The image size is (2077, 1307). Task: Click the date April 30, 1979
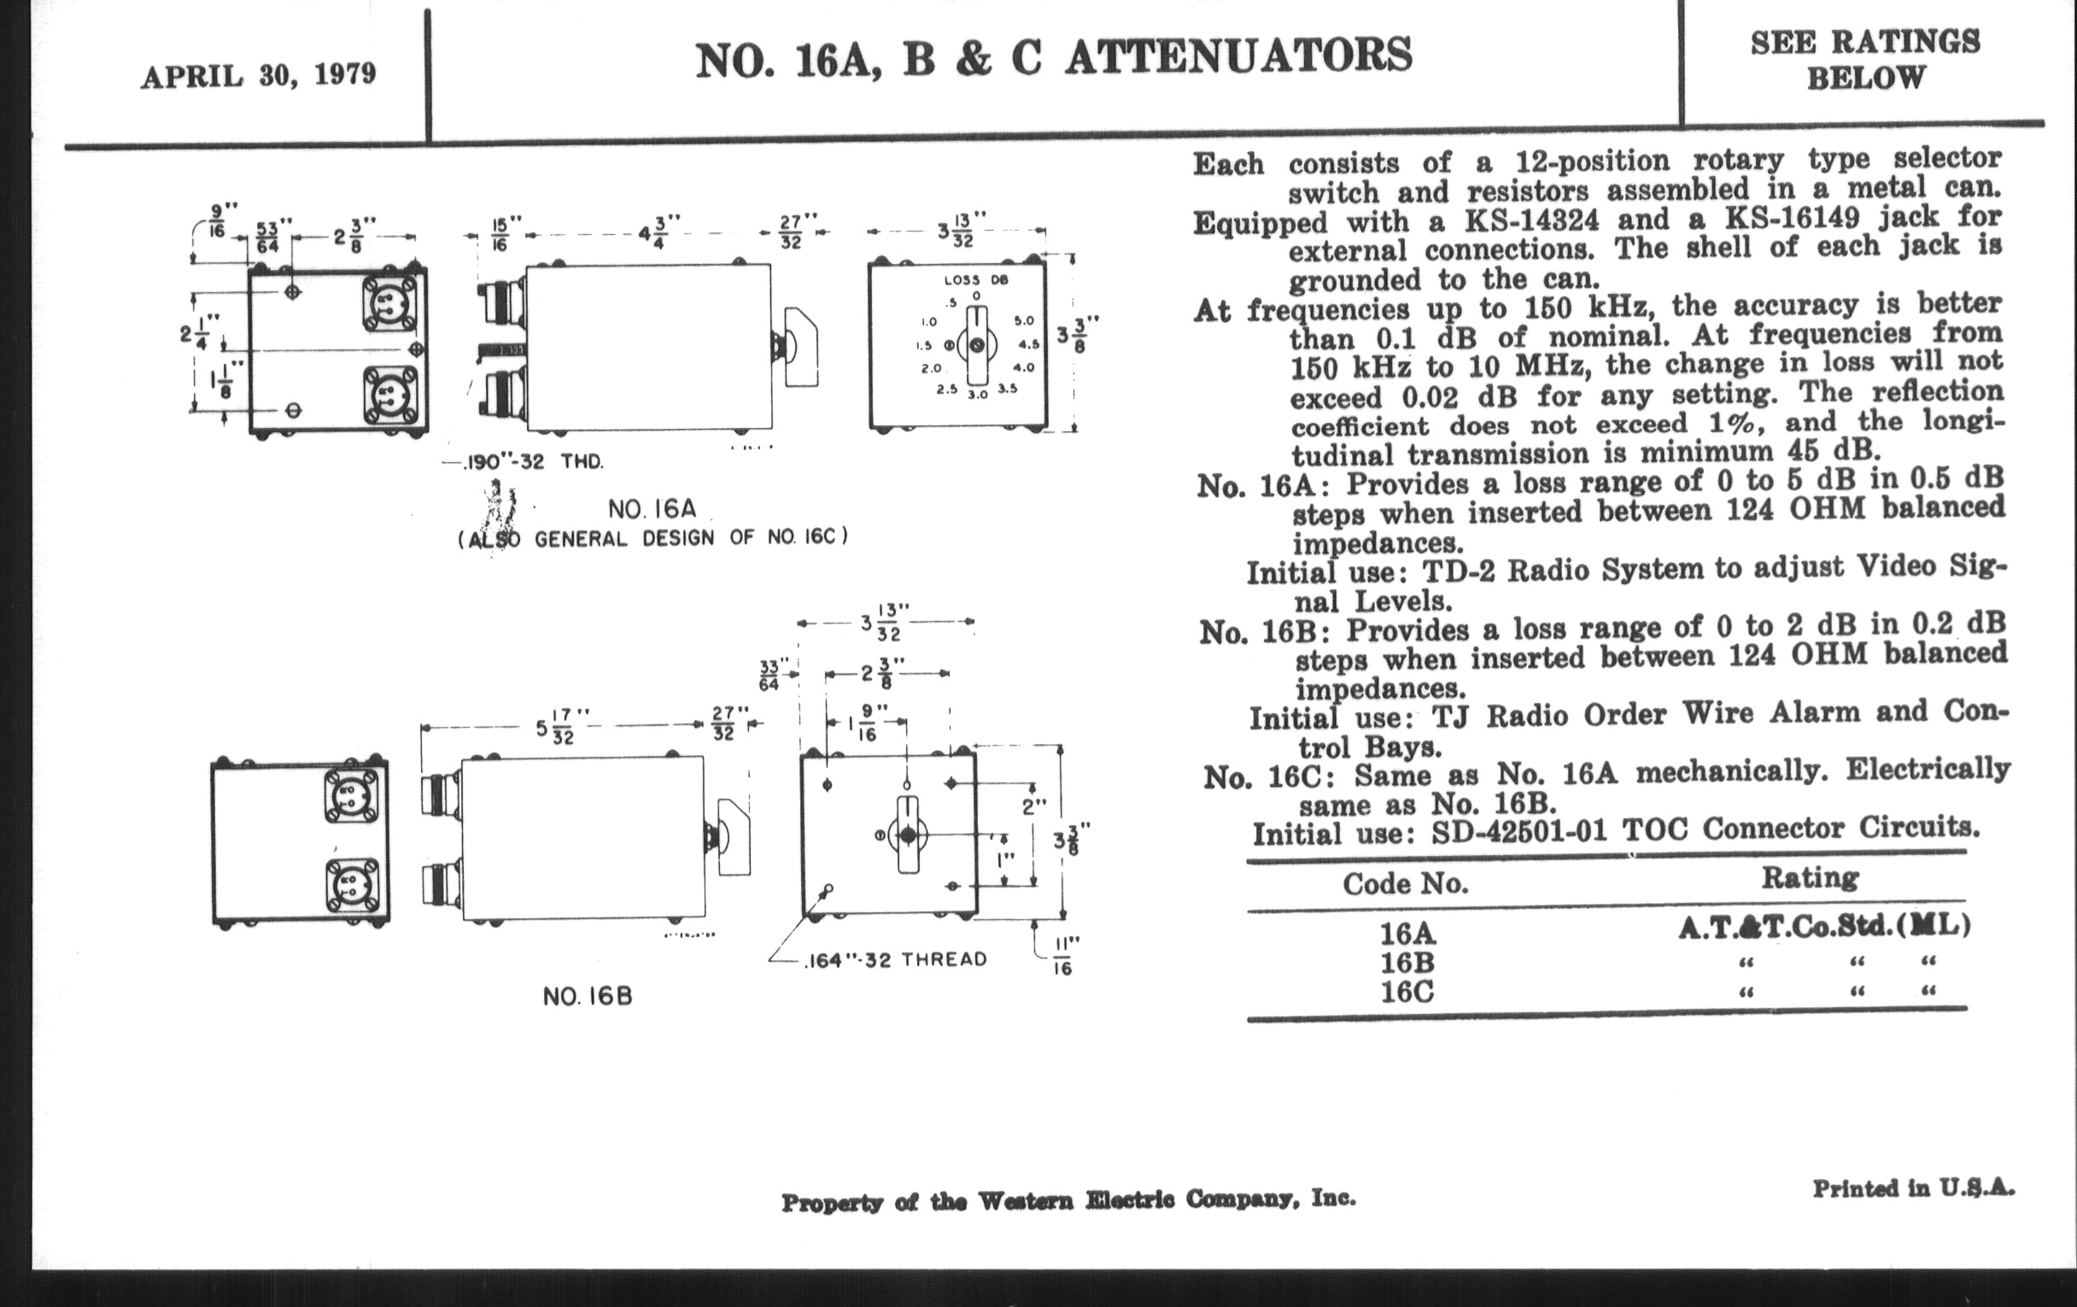click(x=258, y=75)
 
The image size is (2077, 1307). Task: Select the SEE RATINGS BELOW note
click(x=1865, y=60)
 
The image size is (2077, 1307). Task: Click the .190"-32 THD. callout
click(x=534, y=461)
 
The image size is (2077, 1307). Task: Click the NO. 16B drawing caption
click(x=588, y=996)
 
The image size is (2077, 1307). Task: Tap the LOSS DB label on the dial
click(x=975, y=279)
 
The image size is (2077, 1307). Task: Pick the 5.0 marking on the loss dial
click(x=1024, y=321)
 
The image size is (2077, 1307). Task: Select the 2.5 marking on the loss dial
click(x=947, y=389)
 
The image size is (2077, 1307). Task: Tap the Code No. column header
click(x=1405, y=883)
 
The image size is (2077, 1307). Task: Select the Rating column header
click(x=1810, y=877)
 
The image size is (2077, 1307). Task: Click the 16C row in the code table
click(x=1407, y=992)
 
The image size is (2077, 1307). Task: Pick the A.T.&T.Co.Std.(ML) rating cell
click(x=1823, y=927)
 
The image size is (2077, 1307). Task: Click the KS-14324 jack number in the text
click(x=1532, y=220)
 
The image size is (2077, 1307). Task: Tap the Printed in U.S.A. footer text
click(x=1913, y=1189)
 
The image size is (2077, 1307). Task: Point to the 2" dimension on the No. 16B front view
click(x=1033, y=808)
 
